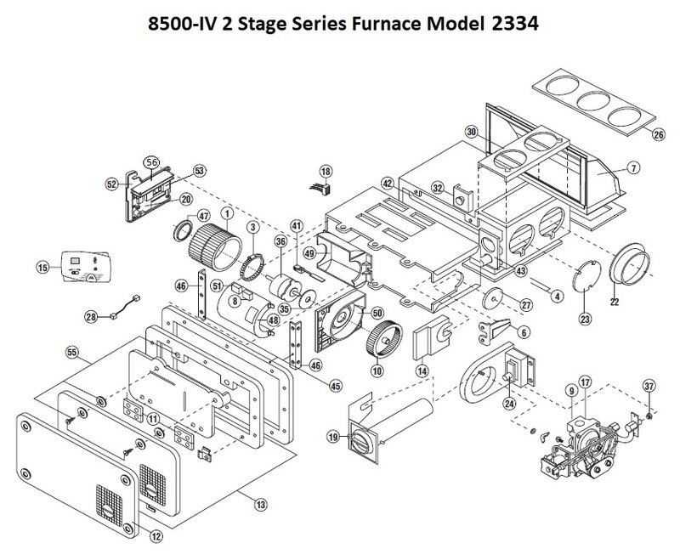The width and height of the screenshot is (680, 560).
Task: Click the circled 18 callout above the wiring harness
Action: (325, 174)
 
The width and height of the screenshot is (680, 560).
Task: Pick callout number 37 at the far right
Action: (649, 387)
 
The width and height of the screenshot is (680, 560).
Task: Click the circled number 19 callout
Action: (334, 437)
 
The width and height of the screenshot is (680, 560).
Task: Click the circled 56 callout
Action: (152, 161)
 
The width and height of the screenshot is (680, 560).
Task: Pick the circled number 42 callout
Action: (387, 184)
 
